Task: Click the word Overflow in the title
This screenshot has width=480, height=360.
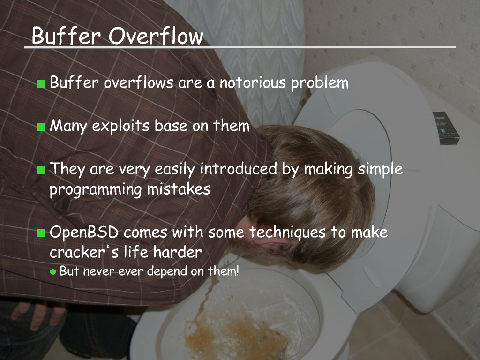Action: (x=156, y=36)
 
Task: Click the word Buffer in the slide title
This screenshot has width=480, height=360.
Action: (x=66, y=36)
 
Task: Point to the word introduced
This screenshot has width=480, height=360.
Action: (x=239, y=169)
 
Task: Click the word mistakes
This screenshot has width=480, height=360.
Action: (x=179, y=189)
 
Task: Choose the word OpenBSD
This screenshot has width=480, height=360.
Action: (x=84, y=232)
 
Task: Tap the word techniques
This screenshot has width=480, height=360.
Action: (x=287, y=232)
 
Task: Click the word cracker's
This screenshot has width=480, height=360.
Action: (x=84, y=253)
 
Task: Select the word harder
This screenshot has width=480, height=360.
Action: (x=178, y=252)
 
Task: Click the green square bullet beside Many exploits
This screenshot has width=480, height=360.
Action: (x=41, y=127)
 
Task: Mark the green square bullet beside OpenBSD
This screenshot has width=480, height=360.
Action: (x=41, y=233)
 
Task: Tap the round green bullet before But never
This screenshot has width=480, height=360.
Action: (x=53, y=272)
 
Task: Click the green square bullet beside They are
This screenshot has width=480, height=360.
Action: (x=41, y=170)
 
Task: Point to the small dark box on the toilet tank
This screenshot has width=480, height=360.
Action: (x=446, y=128)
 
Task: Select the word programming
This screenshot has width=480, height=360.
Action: (x=96, y=189)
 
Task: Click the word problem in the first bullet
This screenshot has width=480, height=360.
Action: (x=320, y=83)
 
